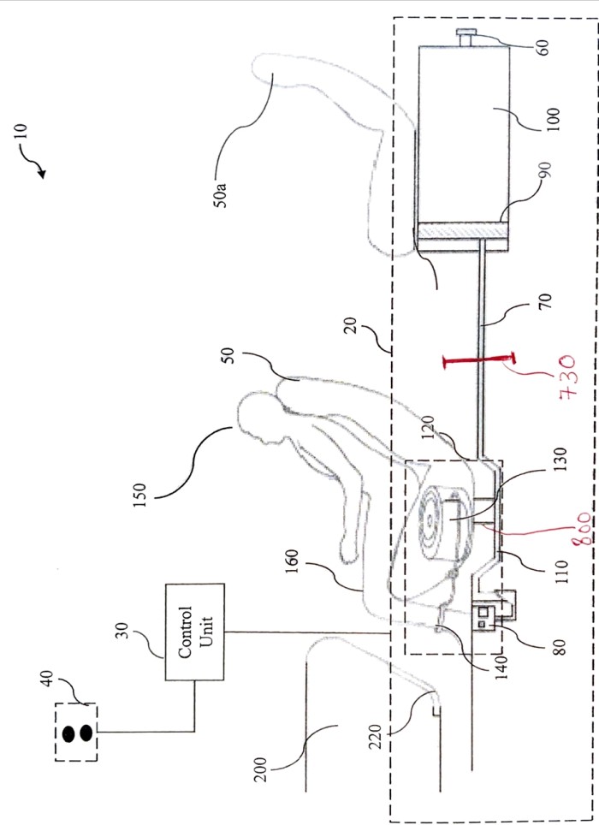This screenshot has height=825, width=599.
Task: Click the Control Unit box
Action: click(195, 632)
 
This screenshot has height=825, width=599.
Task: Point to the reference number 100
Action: click(554, 120)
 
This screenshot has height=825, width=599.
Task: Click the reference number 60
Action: click(544, 47)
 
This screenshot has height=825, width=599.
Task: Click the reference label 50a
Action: click(221, 194)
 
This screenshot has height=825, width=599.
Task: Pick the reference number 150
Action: click(139, 496)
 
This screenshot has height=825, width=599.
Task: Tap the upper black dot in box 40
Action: click(68, 733)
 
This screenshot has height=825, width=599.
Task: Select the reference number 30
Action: click(122, 632)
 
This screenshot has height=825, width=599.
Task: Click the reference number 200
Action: click(261, 769)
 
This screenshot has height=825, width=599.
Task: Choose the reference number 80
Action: click(560, 647)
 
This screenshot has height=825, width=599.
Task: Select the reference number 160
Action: click(293, 561)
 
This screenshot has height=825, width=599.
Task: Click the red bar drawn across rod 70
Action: click(478, 360)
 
